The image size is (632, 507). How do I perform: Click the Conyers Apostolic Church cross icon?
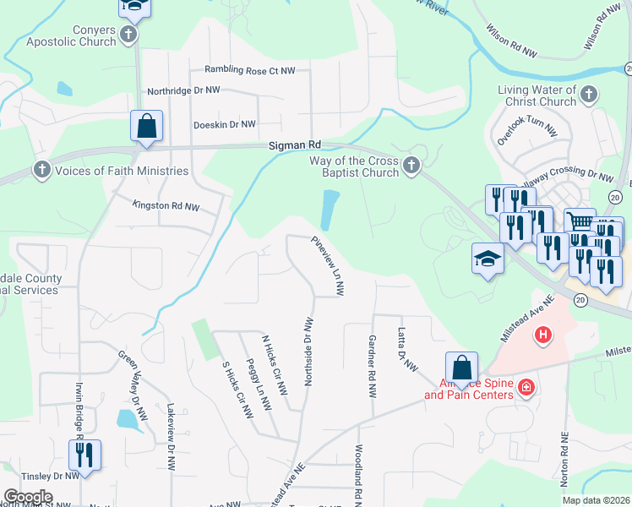[128, 35]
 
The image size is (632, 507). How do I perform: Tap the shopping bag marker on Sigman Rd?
[147, 127]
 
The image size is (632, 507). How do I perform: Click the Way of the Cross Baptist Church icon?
[411, 166]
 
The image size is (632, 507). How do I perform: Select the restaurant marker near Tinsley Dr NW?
[84, 454]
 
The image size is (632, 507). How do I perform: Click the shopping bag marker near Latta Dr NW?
[461, 368]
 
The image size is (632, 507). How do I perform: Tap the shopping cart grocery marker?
[579, 223]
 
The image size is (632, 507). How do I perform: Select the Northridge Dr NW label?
[183, 90]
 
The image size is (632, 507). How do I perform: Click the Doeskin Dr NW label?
[224, 124]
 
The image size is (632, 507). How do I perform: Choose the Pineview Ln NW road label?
[328, 264]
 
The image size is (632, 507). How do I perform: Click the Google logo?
[28, 496]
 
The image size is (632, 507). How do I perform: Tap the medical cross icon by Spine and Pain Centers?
[527, 387]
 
